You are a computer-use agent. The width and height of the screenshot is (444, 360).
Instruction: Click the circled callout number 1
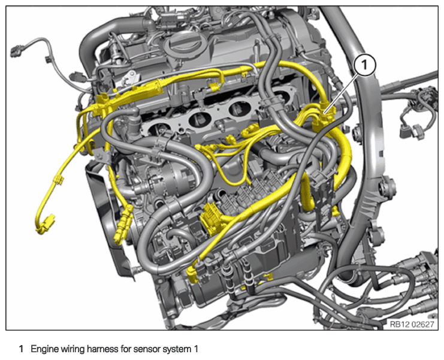(x=364, y=65)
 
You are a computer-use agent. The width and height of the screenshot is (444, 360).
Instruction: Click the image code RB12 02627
(x=412, y=324)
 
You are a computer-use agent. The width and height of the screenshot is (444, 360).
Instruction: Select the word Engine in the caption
(x=43, y=350)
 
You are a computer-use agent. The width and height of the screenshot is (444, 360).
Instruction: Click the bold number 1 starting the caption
(x=21, y=349)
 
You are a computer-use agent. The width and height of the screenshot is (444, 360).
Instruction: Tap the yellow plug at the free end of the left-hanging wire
(x=46, y=225)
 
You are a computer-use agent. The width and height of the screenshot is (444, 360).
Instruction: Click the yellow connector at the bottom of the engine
(x=193, y=275)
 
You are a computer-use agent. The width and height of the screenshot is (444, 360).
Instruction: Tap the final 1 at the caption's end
(x=196, y=349)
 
